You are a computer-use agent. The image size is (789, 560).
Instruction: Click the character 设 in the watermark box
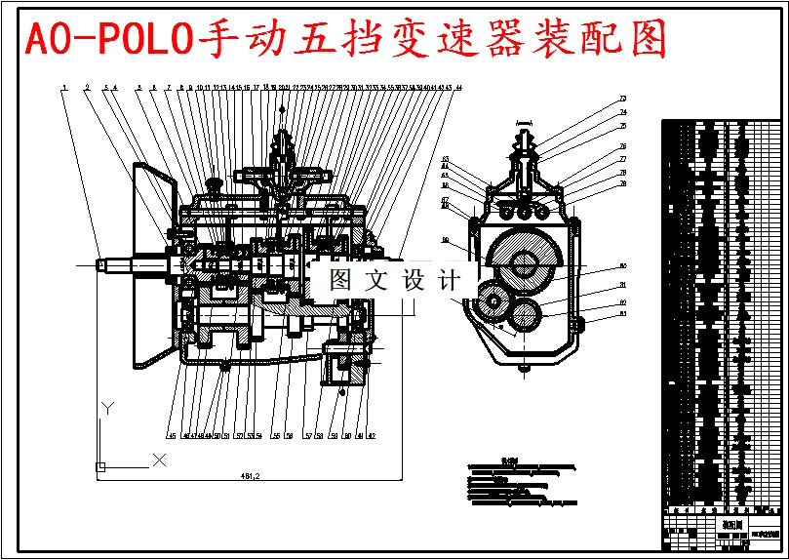414,281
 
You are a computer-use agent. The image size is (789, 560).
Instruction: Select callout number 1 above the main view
63,88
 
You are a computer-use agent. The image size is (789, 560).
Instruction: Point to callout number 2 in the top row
87,88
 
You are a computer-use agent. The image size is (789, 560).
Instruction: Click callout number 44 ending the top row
458,88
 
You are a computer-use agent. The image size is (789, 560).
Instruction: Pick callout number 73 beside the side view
622,99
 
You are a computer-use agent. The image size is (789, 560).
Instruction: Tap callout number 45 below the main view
171,435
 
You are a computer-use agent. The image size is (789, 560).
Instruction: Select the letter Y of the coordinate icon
110,406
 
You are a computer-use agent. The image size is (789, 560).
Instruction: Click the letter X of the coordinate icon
160,459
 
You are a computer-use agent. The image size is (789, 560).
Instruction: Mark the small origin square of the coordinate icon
99,467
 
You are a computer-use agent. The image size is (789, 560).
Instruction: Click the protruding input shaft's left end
100,263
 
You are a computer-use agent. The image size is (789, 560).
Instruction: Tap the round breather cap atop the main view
213,180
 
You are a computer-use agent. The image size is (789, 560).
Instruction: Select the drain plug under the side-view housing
526,369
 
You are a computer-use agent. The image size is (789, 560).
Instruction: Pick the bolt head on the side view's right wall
578,323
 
